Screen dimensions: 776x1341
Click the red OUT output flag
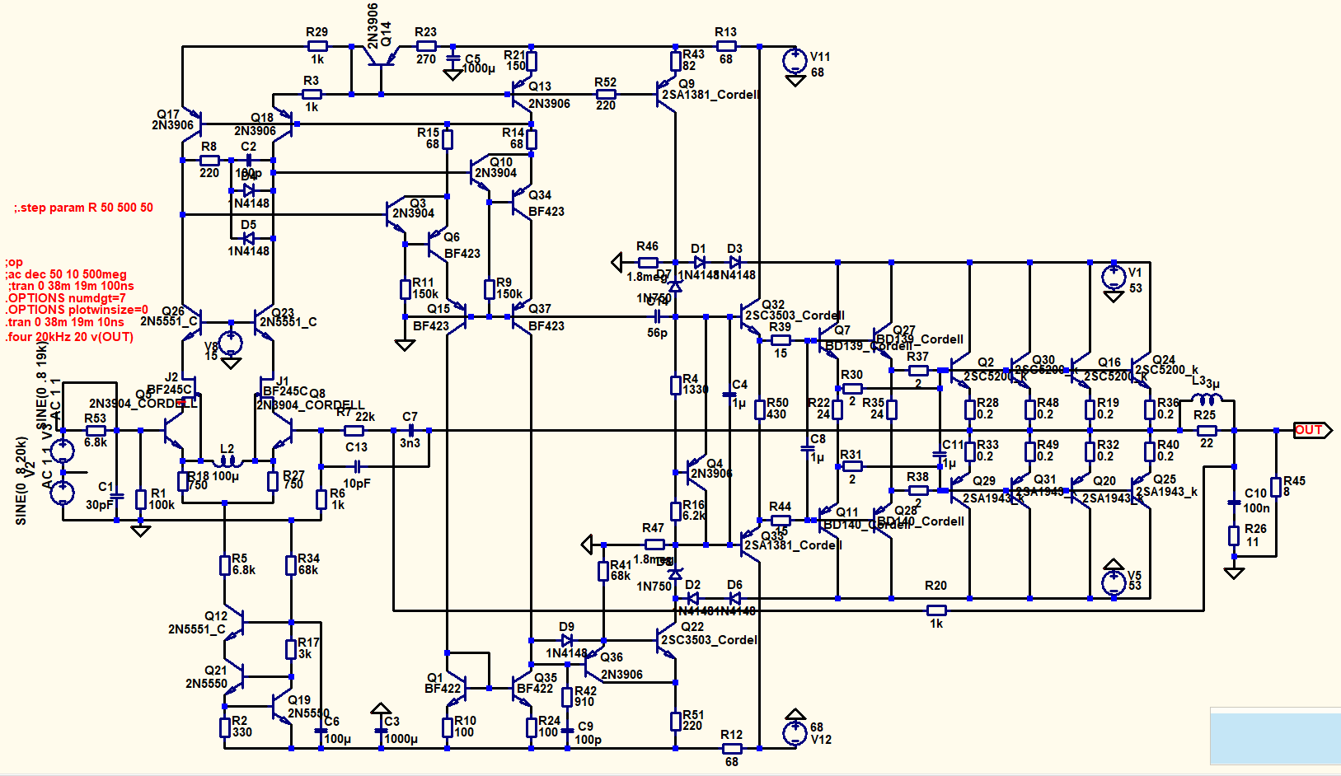tap(1311, 430)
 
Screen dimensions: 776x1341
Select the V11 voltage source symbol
tap(795, 60)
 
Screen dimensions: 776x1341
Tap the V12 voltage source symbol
tap(795, 732)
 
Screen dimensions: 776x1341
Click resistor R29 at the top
tap(317, 47)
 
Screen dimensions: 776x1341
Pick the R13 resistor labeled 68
tap(725, 47)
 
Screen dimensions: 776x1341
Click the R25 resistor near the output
tap(1206, 430)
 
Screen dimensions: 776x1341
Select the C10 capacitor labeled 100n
tap(1234, 502)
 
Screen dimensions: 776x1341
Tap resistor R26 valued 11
tap(1234, 535)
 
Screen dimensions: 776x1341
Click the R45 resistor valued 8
tap(1276, 486)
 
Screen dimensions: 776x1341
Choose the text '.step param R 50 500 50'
tap(84, 208)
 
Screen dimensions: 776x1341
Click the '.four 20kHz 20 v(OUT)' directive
tap(69, 337)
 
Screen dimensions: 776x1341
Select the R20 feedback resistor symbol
tap(936, 610)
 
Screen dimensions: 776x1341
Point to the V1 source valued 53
tap(1114, 277)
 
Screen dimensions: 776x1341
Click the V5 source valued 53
tap(1114, 582)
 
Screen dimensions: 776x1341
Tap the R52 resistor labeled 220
tap(606, 94)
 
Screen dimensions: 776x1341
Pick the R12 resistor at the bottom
tap(732, 749)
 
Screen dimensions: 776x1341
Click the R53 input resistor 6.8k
tap(96, 430)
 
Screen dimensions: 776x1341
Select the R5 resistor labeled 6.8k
tap(224, 565)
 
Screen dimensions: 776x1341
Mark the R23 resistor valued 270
tap(425, 47)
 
